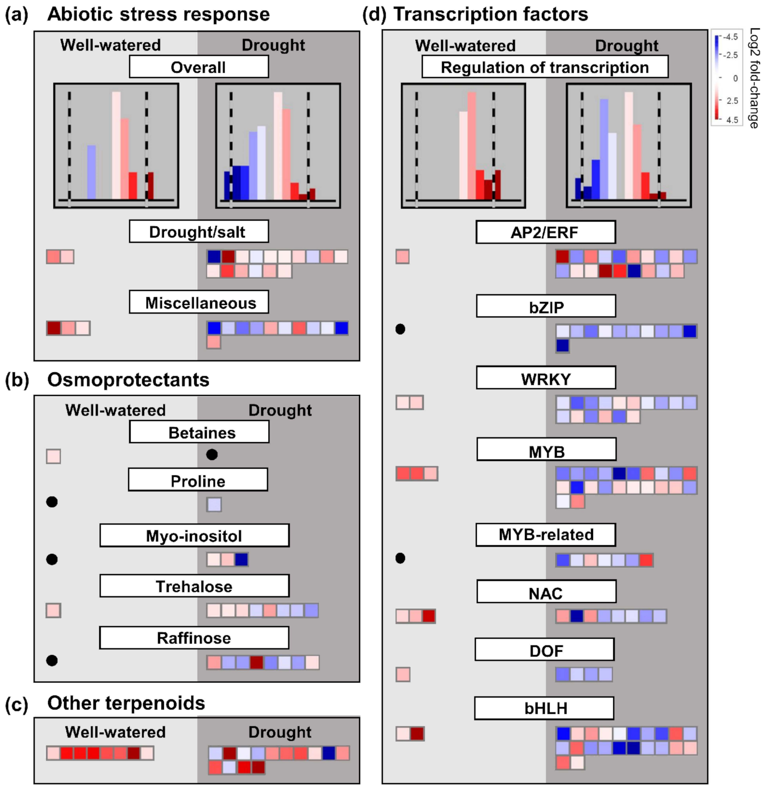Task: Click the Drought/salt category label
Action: [198, 231]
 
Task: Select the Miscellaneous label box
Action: [198, 302]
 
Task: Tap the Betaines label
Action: [199, 432]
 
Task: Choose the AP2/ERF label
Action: [545, 232]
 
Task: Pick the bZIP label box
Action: [546, 306]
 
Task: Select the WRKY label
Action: [546, 378]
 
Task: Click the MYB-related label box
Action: [545, 535]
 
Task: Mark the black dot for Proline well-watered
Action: [52, 502]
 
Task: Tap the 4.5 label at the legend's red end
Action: [732, 120]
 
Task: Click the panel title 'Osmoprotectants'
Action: [128, 380]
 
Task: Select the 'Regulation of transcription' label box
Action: [545, 67]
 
